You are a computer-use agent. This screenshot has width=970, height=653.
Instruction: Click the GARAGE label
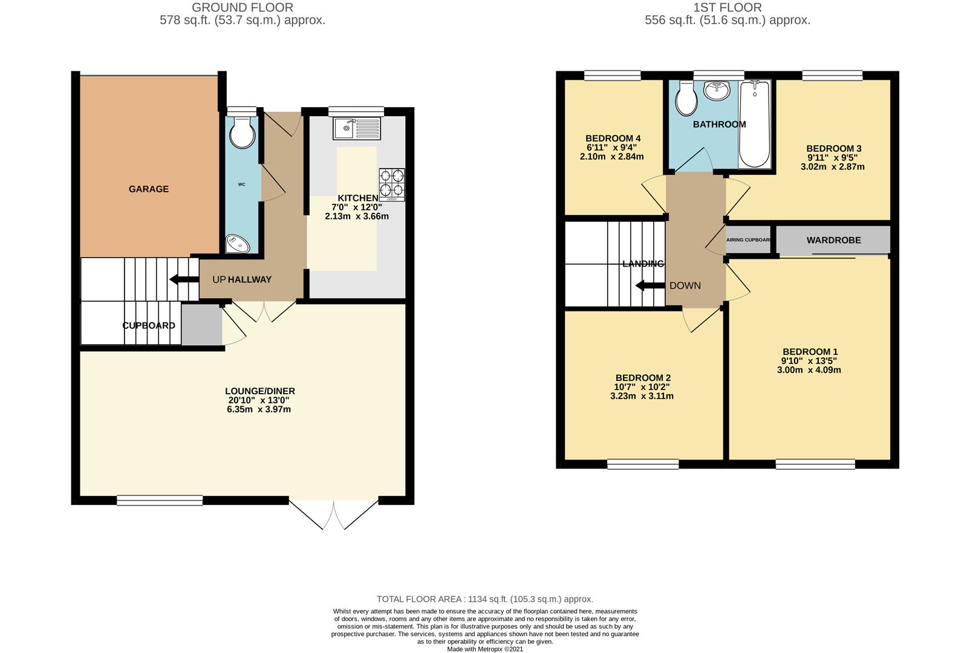(148, 189)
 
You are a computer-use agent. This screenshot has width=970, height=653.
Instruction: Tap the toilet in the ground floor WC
(242, 132)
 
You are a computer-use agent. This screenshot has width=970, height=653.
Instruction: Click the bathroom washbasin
(717, 91)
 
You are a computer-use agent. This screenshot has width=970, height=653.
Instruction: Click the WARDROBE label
(833, 241)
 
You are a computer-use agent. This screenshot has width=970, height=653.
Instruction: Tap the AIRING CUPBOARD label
(749, 240)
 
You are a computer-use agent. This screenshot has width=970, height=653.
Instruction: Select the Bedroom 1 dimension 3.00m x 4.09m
(809, 370)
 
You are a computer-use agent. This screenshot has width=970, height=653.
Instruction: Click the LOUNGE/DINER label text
(260, 391)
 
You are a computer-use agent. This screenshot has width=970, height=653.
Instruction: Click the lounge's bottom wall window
(160, 500)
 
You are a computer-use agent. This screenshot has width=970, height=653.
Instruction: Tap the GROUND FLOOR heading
(242, 8)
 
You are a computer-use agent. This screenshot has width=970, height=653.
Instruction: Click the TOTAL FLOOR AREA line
(484, 599)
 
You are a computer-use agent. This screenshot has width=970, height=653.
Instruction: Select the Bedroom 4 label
(613, 138)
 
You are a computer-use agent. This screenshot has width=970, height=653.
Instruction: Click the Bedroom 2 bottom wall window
(643, 464)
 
